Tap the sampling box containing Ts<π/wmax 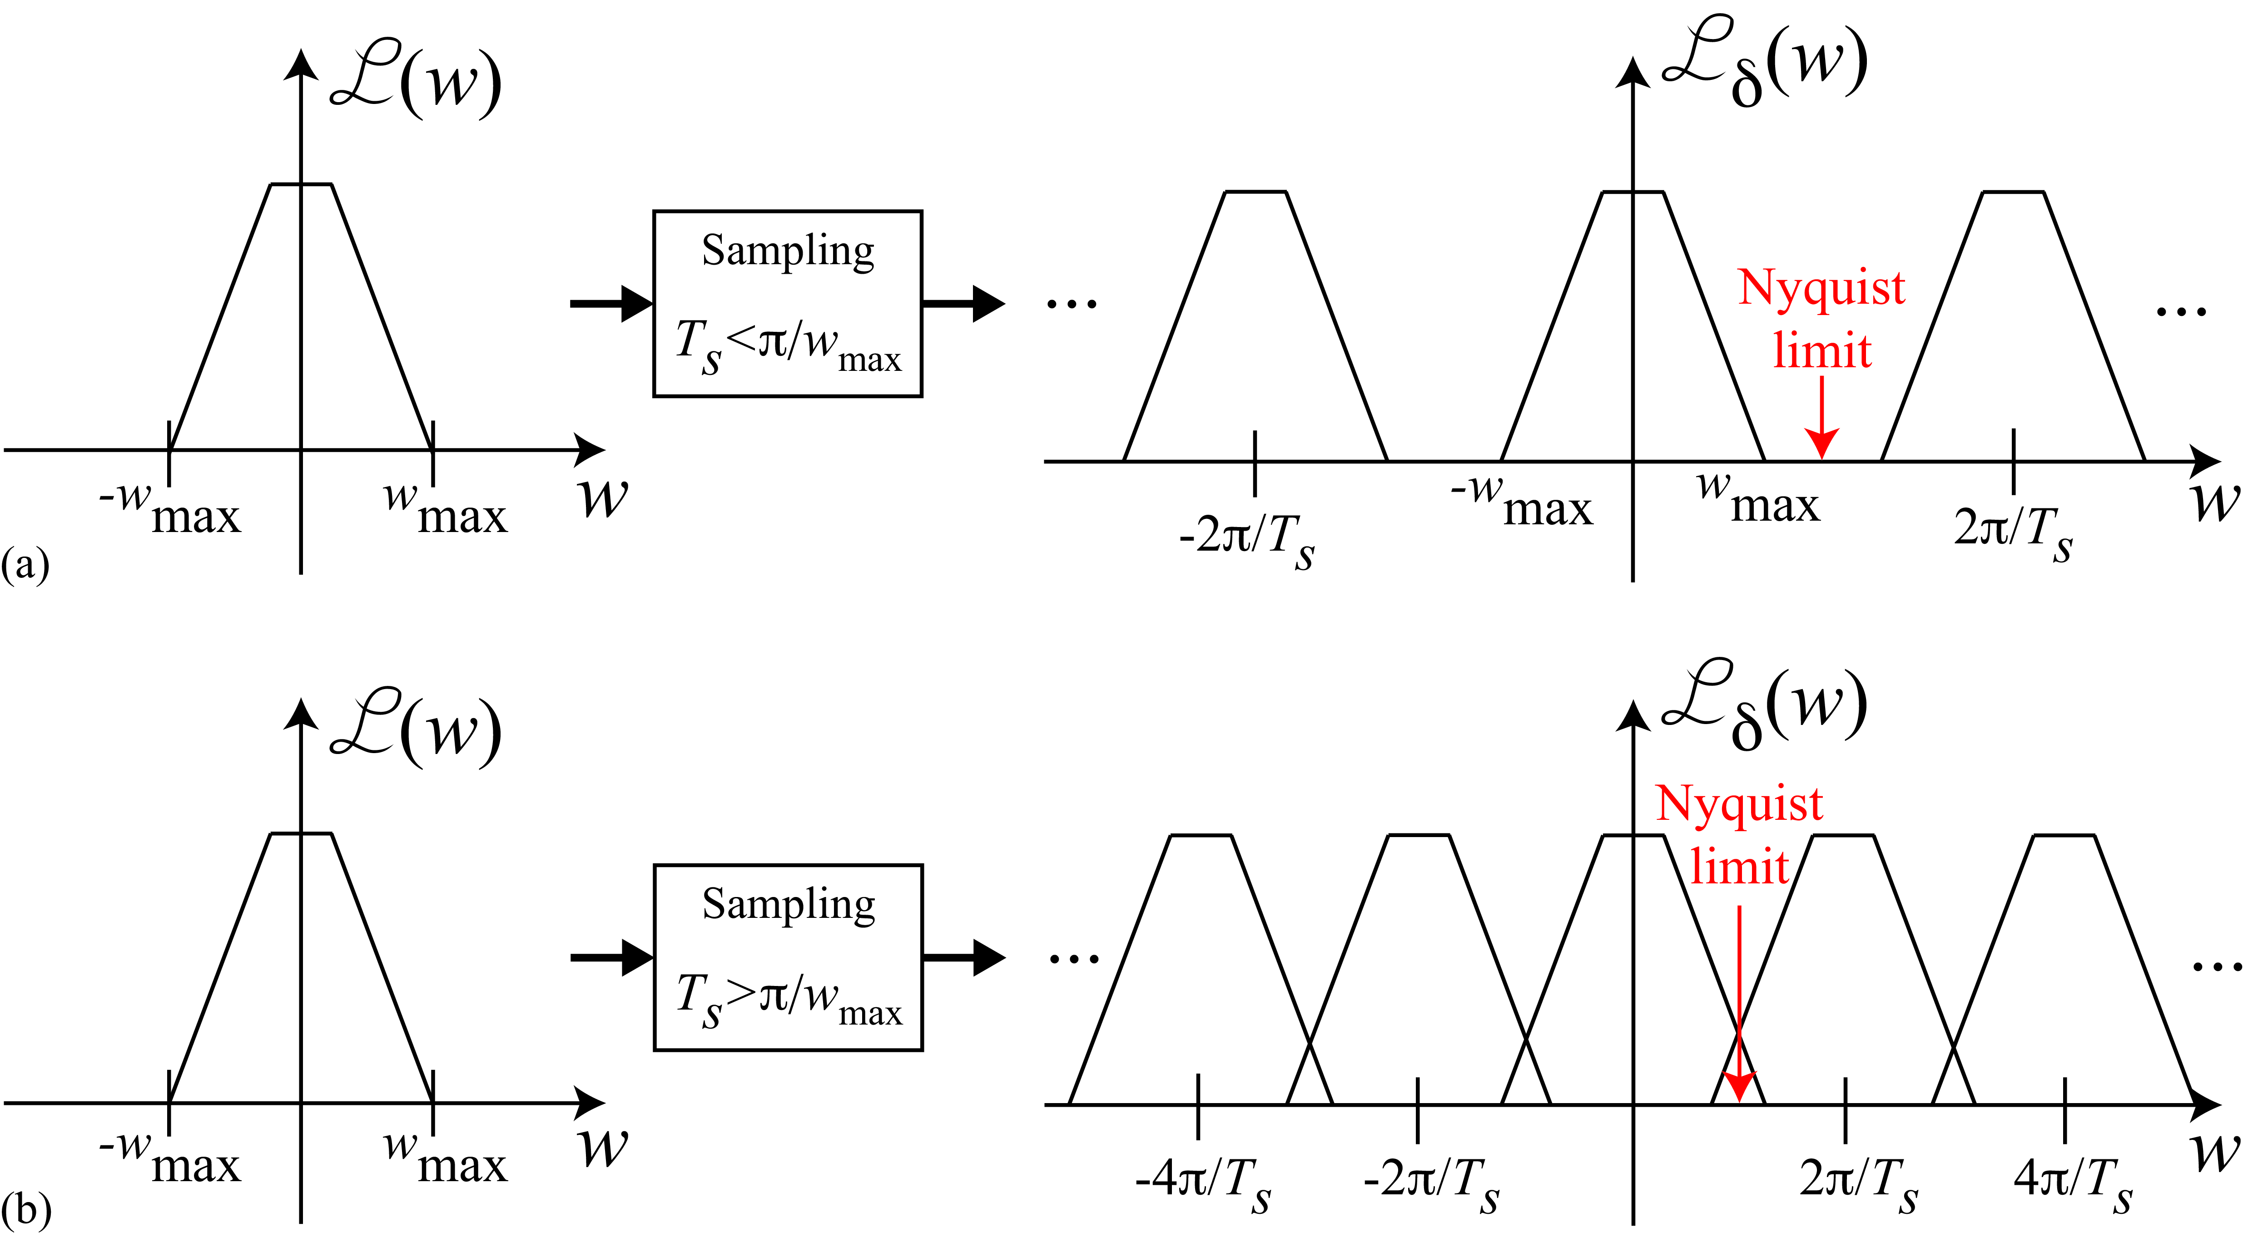pyautogui.click(x=787, y=304)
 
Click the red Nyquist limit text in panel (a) pyautogui.click(x=1821, y=318)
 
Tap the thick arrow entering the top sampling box pyautogui.click(x=611, y=304)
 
